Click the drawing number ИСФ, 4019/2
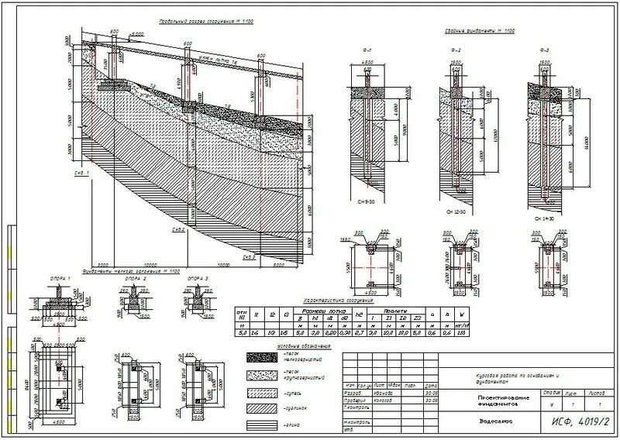click(577, 421)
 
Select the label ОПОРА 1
click(59, 278)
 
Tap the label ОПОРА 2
click(135, 278)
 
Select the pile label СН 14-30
click(546, 218)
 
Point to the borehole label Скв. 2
click(178, 230)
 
